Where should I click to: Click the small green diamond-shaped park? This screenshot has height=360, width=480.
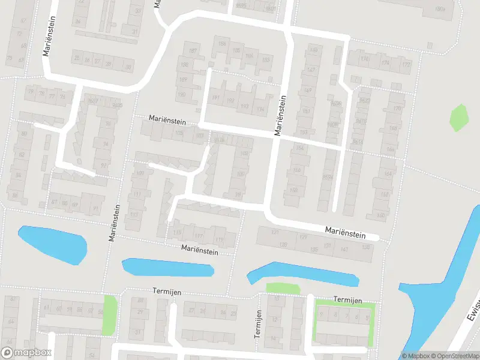[458, 118]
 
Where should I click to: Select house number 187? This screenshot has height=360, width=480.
[193, 50]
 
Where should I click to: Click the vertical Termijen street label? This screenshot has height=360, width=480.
[258, 323]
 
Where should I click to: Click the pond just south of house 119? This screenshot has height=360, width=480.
[168, 267]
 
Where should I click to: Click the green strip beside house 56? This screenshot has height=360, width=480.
[109, 315]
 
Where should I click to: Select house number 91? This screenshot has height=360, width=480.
[95, 209]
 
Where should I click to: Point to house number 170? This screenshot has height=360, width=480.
[396, 109]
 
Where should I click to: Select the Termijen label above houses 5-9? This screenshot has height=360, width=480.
[348, 299]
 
